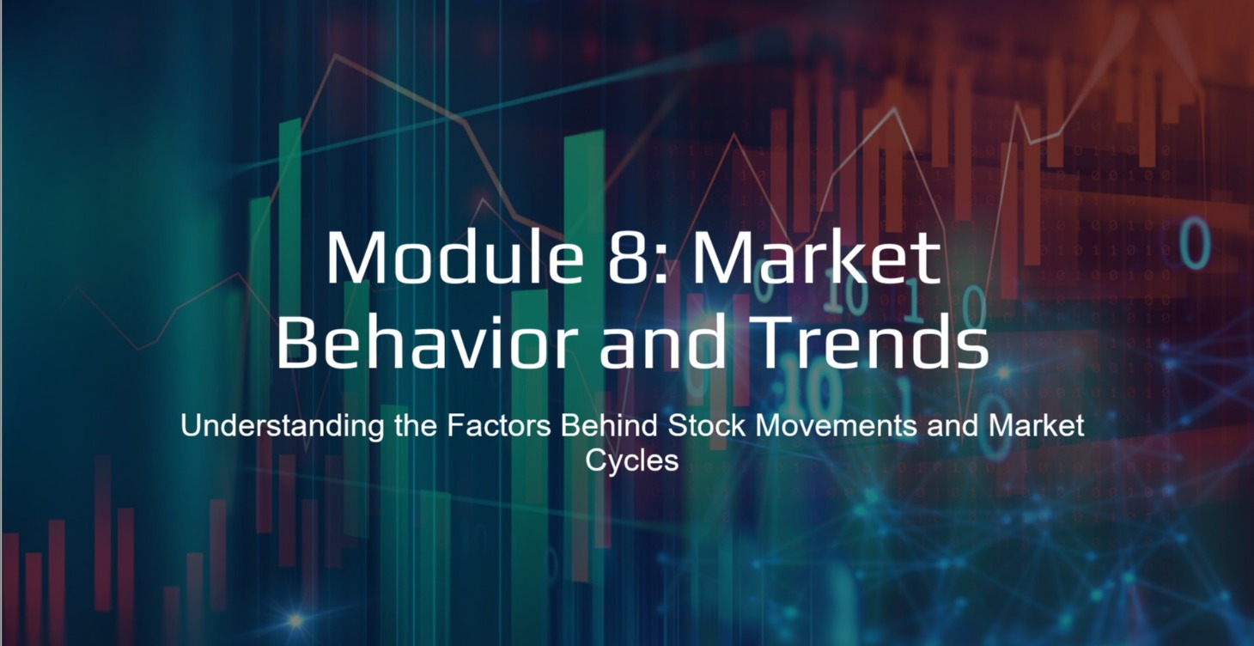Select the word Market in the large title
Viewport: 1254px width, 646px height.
pyautogui.click(x=816, y=259)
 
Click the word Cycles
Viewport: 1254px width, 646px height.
pyautogui.click(x=632, y=460)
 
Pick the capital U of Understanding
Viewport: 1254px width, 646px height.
pyautogui.click(x=190, y=426)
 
